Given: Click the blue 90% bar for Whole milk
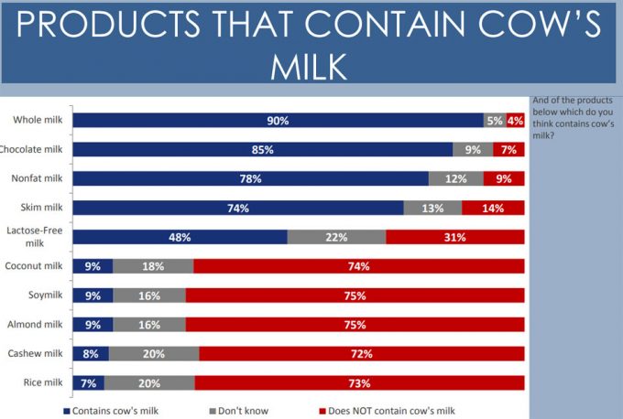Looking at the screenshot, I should point(278,120).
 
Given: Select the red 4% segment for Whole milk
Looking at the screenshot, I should point(515,120).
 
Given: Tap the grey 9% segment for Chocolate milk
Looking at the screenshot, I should point(473,149).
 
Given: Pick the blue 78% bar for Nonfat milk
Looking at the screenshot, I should point(250,178).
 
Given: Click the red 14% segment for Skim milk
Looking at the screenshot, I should point(494,208).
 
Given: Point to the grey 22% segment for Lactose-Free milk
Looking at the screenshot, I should point(336,237).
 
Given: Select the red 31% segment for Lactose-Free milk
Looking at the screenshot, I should point(455,237).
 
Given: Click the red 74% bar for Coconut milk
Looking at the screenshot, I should point(359,266).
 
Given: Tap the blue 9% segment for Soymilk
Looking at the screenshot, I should point(93,295).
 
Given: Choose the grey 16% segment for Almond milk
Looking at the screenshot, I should point(148,325).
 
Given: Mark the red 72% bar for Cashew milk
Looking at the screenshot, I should point(362,354).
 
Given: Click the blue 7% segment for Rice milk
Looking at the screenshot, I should point(88,382).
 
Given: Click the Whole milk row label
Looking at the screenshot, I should point(37,120).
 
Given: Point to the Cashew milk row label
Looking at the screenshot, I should point(36,354).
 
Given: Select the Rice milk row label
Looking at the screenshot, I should point(42,382).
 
